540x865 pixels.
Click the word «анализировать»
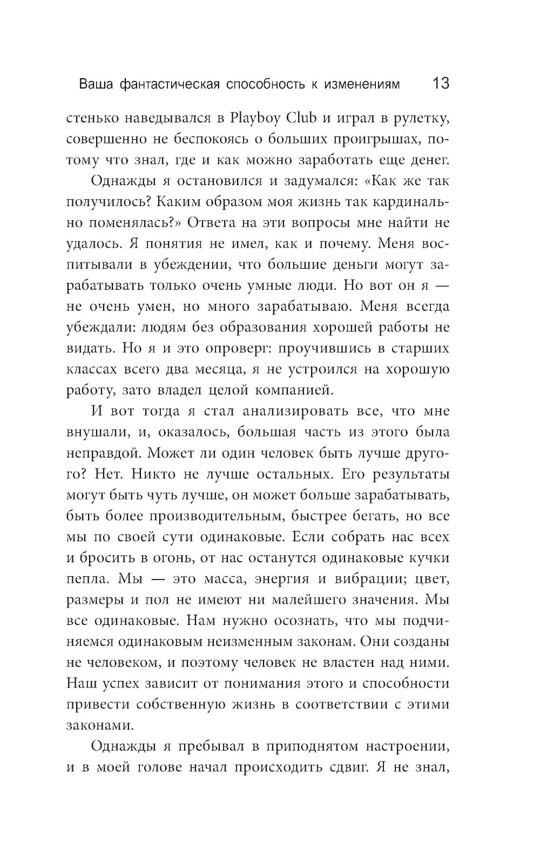point(273,411)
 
